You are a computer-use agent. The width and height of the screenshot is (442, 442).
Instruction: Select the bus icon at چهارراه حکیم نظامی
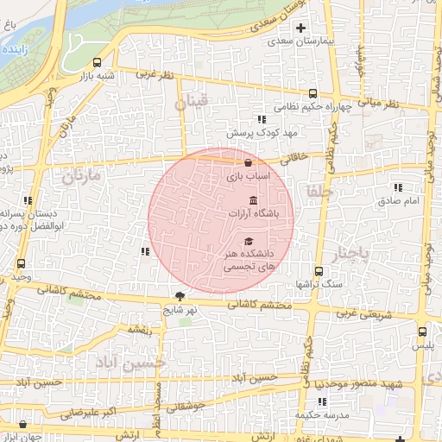point(313,95)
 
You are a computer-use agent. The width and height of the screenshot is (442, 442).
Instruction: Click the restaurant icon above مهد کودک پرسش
point(260,119)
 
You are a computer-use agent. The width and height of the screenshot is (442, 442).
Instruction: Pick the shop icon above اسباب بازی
point(249,162)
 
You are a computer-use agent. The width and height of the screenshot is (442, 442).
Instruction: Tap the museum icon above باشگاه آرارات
point(252,199)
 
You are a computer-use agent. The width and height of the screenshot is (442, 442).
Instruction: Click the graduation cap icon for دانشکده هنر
point(249,242)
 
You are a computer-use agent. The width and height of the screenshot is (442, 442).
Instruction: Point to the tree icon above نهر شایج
point(180,294)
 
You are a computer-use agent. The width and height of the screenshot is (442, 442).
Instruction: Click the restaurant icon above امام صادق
point(398,186)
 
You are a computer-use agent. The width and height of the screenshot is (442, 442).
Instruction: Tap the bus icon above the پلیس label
point(421,331)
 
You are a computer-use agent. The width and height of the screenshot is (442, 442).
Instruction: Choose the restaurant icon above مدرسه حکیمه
point(322,401)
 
